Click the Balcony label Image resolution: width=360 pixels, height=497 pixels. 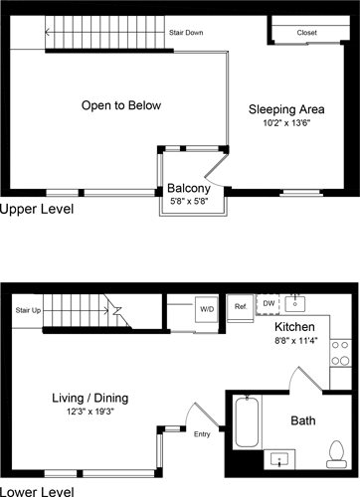187,188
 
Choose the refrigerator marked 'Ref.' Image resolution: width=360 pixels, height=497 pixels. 241,307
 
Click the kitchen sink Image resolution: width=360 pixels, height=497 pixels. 295,303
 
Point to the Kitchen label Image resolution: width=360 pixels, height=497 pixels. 294,326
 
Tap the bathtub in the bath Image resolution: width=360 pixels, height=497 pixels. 247,435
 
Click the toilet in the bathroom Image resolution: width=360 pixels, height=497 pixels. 336,452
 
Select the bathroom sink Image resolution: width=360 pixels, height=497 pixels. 282,460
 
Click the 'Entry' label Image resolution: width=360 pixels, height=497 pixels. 202,433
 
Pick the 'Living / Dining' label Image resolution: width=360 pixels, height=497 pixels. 90,398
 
